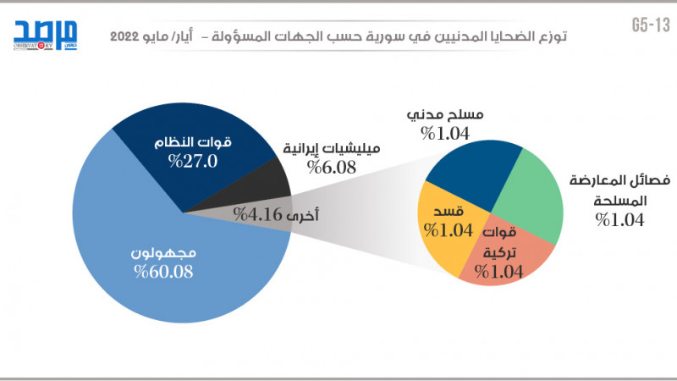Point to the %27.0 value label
point(194,161)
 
